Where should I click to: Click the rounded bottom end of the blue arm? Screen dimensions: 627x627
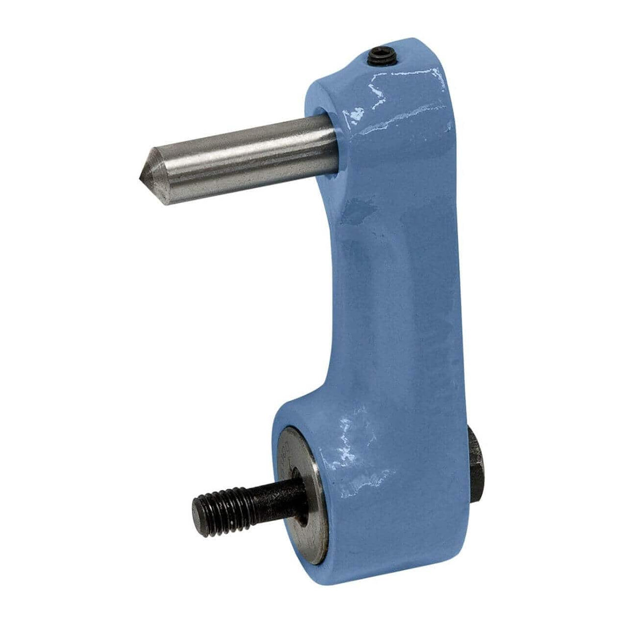click(x=372, y=558)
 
